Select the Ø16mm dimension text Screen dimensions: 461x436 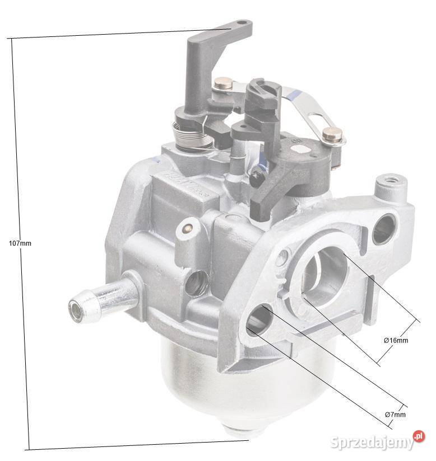pos(396,340)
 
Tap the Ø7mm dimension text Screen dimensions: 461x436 pos(396,414)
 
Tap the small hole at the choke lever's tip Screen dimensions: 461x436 pos(241,25)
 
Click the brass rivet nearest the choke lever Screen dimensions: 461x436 pos(223,84)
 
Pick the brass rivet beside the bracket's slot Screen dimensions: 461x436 pos(331,135)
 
